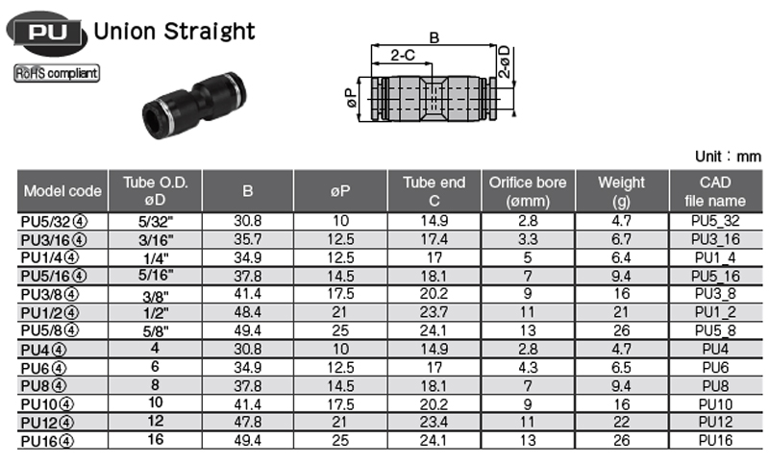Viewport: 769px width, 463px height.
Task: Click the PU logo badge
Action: (x=46, y=33)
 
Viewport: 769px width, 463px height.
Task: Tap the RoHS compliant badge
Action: (x=57, y=74)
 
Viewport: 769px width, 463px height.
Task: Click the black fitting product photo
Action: (x=194, y=105)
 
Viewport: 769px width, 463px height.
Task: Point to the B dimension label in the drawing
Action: (x=434, y=37)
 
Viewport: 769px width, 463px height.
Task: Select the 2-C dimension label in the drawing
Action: (x=403, y=55)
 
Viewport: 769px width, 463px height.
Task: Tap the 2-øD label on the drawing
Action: (x=504, y=61)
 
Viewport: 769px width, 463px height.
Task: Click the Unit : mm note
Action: (x=728, y=157)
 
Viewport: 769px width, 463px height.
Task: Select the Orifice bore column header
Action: (x=528, y=191)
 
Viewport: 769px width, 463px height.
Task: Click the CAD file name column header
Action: (x=715, y=191)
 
